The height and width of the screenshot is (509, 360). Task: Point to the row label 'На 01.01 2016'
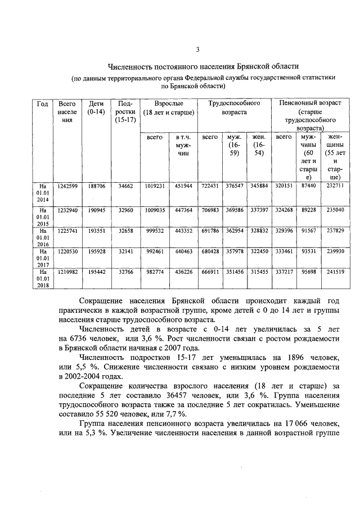(x=42, y=237)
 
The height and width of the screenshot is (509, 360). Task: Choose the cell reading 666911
(x=210, y=272)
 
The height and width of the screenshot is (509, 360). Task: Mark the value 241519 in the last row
(x=335, y=272)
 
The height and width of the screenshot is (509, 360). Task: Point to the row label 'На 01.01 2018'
(x=42, y=278)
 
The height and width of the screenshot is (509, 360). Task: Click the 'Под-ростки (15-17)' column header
(x=124, y=112)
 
